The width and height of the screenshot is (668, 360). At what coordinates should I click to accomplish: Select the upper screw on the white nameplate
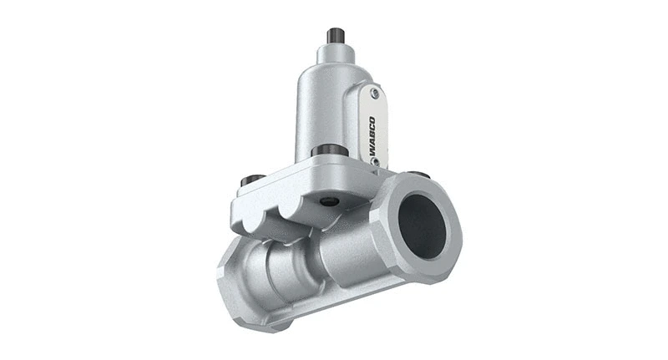[x=375, y=94]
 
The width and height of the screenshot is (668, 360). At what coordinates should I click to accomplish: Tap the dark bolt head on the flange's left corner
[x=248, y=180]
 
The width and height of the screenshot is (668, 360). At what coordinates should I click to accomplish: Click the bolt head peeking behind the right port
[x=423, y=175]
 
